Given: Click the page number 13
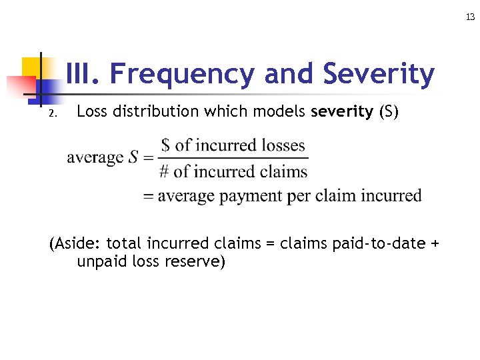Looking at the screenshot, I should [471, 17].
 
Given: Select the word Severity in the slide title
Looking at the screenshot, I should [379, 75].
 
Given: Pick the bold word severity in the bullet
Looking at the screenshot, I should [342, 112].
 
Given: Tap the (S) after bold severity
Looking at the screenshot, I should [389, 112].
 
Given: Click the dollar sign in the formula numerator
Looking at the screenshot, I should [165, 145].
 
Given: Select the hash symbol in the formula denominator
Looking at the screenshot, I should [164, 171].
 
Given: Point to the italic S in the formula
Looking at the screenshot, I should [133, 158].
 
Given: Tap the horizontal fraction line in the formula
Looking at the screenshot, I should [233, 158].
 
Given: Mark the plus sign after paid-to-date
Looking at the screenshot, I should [435, 243].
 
